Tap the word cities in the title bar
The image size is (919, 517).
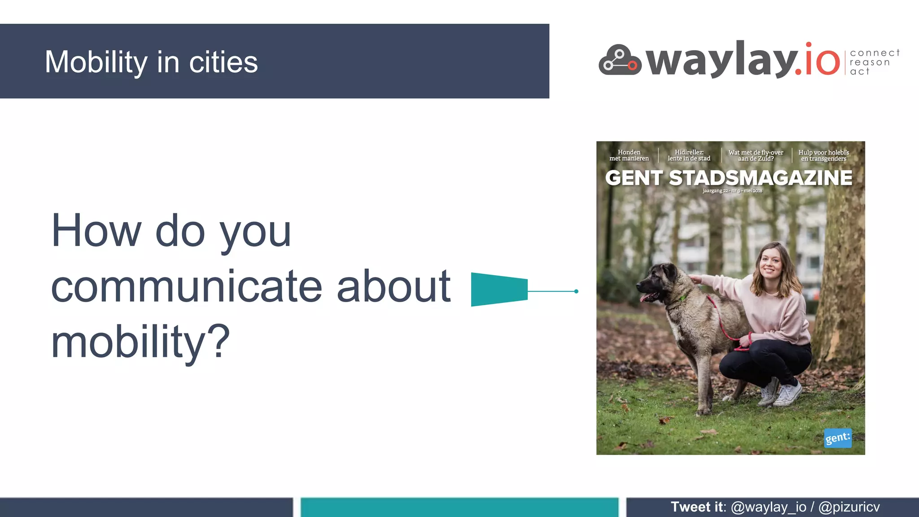coord(223,62)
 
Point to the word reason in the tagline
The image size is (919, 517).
coord(870,62)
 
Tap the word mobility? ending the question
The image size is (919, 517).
coord(140,342)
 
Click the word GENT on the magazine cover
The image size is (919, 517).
coord(633,178)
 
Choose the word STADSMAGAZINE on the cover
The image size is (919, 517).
coord(761,178)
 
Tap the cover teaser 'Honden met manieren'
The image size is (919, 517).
coord(629,155)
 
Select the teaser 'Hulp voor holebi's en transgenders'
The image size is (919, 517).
coord(824,155)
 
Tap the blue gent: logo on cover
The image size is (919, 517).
coord(838,438)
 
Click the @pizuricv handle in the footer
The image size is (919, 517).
coord(849,507)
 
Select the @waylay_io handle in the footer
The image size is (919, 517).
coord(769,507)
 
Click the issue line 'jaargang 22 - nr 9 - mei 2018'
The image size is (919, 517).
coord(732,191)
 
